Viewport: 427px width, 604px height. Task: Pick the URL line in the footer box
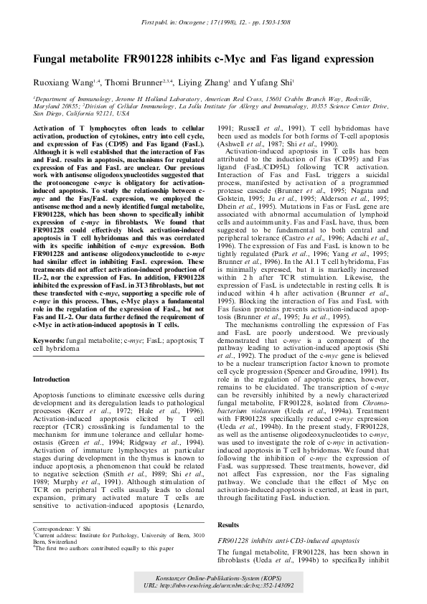[x=213, y=585]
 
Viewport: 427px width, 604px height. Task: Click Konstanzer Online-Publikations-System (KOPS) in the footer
[x=213, y=577]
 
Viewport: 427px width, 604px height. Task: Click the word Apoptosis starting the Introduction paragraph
[x=52, y=395]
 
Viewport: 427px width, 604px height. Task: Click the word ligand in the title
[x=301, y=59]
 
